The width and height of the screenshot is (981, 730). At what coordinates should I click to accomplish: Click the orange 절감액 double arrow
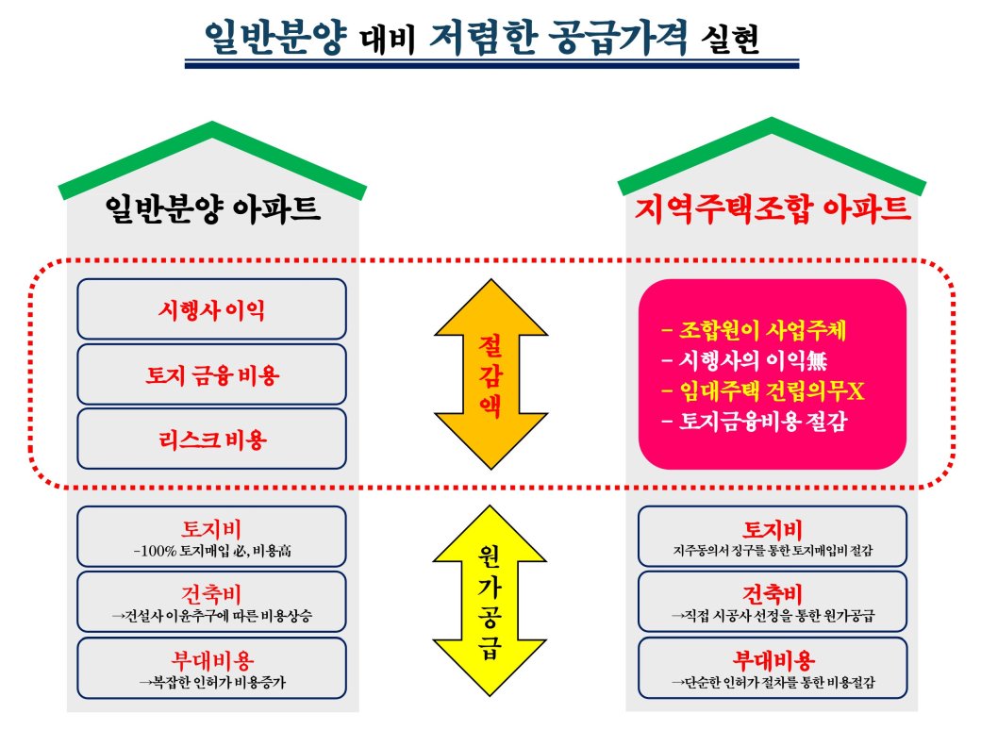click(x=491, y=374)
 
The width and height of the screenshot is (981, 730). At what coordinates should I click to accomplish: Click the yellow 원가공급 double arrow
click(x=490, y=601)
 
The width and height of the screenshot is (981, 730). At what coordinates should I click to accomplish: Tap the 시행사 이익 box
click(x=211, y=309)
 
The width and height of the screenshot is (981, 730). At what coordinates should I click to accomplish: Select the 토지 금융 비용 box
click(x=211, y=374)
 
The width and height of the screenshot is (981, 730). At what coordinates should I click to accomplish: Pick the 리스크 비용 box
click(x=211, y=440)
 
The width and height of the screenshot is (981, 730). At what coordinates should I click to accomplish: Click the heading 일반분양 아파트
click(x=212, y=208)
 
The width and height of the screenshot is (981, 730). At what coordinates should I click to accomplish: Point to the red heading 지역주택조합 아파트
click(x=772, y=208)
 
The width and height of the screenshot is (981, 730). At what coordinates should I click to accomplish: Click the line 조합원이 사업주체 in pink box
click(x=754, y=330)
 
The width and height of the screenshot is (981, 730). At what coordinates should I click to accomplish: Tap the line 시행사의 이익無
click(x=744, y=359)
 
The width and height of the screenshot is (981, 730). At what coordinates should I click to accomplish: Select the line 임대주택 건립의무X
click(x=763, y=391)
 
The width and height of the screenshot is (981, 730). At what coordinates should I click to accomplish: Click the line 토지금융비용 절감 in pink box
click(x=755, y=421)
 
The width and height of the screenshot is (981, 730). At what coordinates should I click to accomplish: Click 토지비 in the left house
click(x=211, y=528)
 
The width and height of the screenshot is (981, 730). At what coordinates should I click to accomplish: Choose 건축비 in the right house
click(x=772, y=593)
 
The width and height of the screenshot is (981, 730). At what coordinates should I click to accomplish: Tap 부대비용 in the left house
click(x=211, y=660)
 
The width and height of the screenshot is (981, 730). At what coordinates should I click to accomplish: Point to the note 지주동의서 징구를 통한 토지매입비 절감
click(x=773, y=551)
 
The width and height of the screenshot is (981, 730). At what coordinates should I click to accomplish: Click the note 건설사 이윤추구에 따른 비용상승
click(x=211, y=616)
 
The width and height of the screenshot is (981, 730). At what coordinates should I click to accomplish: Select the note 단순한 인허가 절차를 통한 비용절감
click(x=773, y=682)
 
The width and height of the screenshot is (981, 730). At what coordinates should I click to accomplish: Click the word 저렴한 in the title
click(x=483, y=36)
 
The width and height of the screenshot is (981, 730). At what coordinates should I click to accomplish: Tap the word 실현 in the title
click(x=730, y=39)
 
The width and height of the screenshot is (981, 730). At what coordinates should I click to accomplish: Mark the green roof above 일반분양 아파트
click(x=212, y=159)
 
